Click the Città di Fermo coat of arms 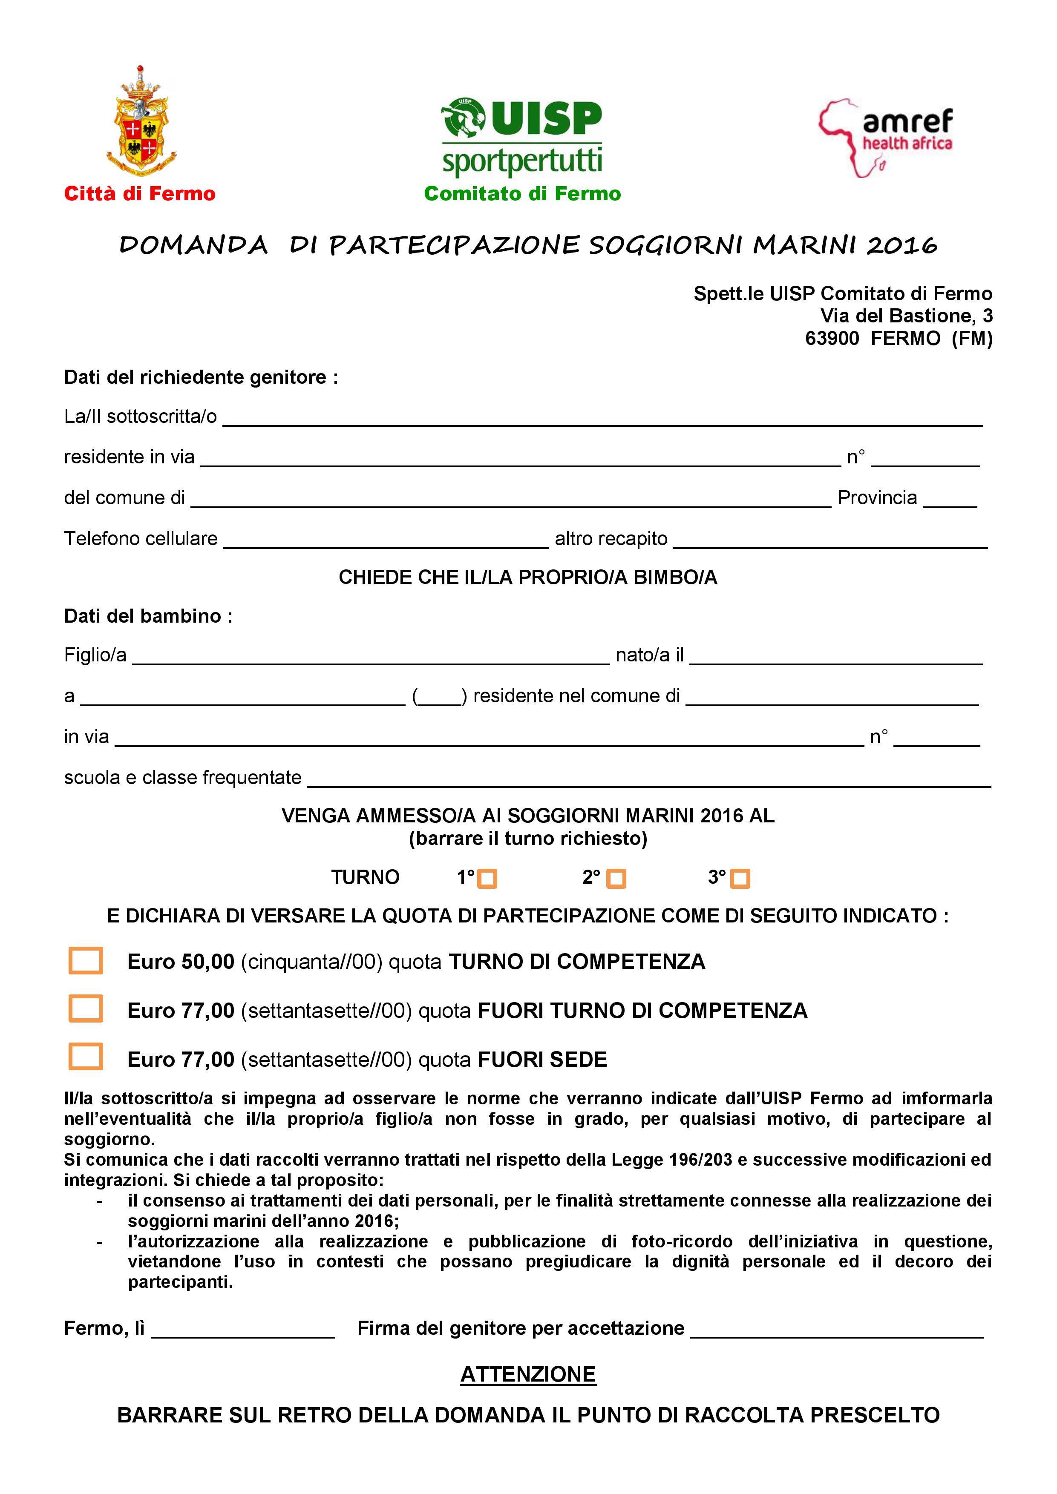[x=141, y=122]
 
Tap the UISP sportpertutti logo [x=522, y=138]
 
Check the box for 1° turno [x=487, y=879]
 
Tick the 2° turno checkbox [x=616, y=879]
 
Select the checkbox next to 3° [x=740, y=879]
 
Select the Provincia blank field [x=950, y=501]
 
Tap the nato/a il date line [x=836, y=658]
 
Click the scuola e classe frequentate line [x=648, y=781]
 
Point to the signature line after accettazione [x=836, y=1331]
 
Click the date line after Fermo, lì [x=243, y=1331]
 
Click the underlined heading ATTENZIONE [x=528, y=1374]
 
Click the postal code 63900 [x=832, y=338]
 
